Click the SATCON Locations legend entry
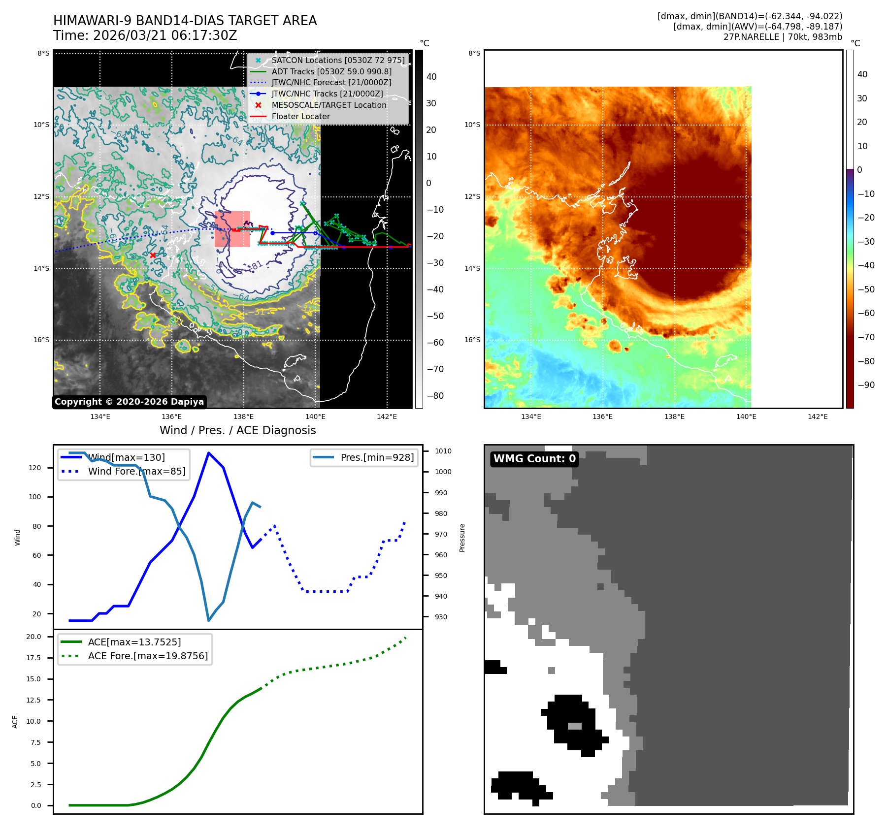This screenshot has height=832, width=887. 338,60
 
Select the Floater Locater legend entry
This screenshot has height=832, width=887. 300,117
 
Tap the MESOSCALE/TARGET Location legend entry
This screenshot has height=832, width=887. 329,105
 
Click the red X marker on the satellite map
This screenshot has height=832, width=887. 153,255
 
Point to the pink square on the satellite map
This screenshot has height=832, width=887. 232,229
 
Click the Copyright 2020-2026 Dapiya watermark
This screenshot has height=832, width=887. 129,402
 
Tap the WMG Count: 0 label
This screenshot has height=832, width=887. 534,459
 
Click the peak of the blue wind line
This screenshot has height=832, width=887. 209,452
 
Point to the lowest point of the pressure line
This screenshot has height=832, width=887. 209,620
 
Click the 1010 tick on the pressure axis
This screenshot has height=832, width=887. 443,451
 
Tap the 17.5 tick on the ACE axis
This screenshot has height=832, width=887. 33,658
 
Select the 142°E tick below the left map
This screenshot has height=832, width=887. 387,416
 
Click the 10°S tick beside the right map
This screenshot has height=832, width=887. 472,125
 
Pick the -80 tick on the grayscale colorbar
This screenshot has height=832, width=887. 435,396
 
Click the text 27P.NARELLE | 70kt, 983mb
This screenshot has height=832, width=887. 783,37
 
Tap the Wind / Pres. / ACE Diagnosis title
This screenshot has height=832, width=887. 238,430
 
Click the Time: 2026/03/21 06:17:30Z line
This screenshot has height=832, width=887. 145,35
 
